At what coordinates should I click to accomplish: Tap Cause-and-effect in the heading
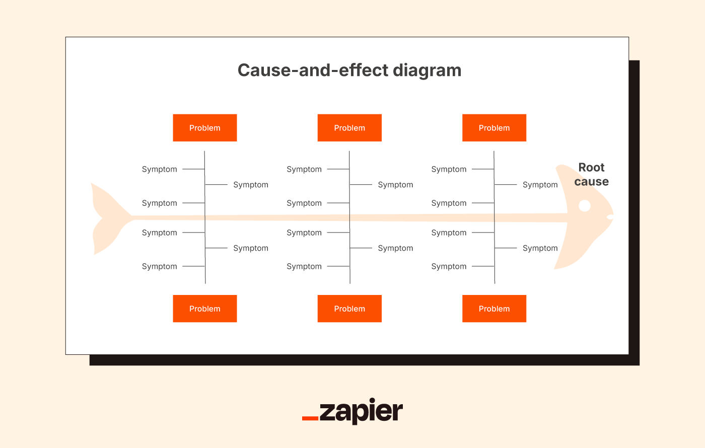(x=313, y=70)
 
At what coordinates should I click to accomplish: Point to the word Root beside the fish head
(x=591, y=168)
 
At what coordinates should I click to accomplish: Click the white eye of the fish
(x=585, y=206)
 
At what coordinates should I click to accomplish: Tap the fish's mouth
(x=610, y=217)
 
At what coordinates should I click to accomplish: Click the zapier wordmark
(x=361, y=411)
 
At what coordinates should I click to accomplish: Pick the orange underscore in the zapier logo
(x=310, y=418)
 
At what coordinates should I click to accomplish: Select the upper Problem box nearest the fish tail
(x=205, y=128)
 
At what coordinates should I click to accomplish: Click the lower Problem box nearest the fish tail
(x=205, y=309)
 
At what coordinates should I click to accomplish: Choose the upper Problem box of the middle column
(x=349, y=128)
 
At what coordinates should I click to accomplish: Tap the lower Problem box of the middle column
(x=349, y=309)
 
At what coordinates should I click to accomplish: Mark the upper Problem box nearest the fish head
(x=494, y=128)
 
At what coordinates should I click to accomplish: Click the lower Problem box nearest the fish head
(x=494, y=309)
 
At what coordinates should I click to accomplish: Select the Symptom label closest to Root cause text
(x=540, y=185)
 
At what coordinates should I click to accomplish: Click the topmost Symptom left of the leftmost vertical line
(x=160, y=169)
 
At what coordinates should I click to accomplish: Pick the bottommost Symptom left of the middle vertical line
(x=304, y=266)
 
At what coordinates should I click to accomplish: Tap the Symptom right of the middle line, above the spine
(x=395, y=185)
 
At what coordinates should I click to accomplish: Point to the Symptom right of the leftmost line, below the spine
(x=251, y=248)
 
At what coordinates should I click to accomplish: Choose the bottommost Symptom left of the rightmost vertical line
(x=449, y=266)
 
